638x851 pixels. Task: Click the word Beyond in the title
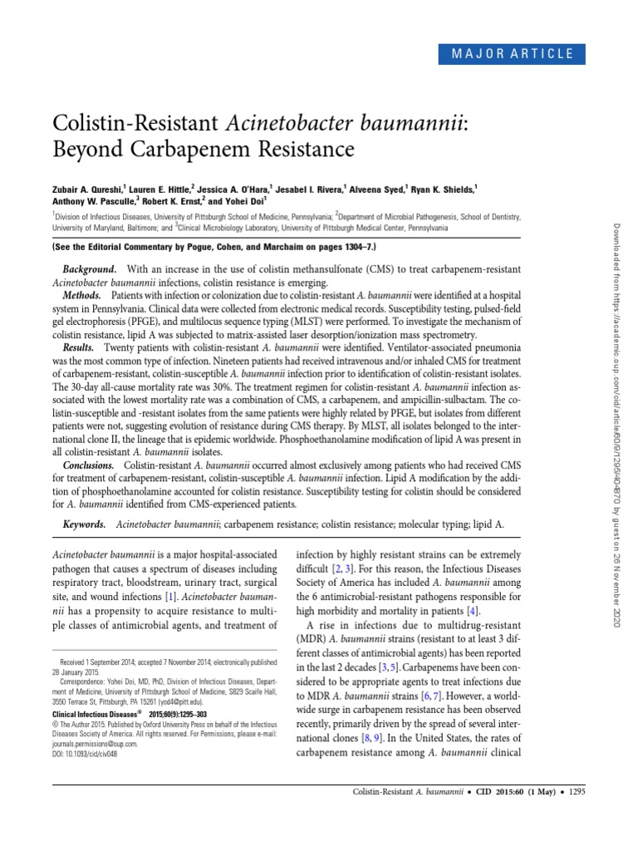pos(88,150)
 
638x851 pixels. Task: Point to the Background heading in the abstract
pos(89,271)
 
